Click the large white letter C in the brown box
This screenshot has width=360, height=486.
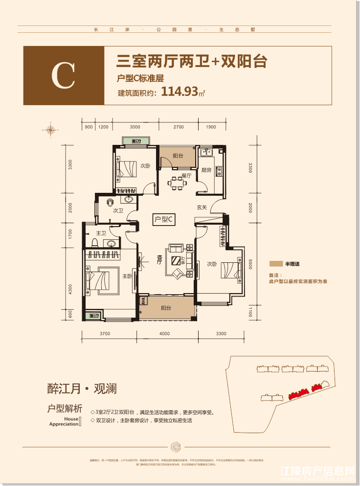tap(63, 75)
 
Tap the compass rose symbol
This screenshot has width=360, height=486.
tap(50, 129)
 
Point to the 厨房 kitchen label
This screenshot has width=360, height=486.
tap(206, 170)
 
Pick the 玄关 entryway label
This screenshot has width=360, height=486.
tap(202, 208)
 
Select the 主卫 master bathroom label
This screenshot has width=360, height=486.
tap(101, 233)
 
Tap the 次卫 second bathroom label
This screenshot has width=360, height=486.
tap(118, 211)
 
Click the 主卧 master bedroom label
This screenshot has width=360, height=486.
tap(127, 277)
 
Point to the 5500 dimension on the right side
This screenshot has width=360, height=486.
tap(249, 264)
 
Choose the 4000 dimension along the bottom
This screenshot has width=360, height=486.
tap(164, 334)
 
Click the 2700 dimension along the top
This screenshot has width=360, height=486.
tap(179, 127)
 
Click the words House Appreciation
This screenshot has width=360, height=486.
tap(64, 422)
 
